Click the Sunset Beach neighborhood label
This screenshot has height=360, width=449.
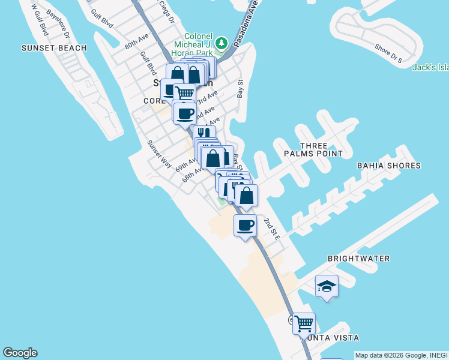(x=54, y=48)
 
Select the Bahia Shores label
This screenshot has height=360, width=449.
(x=388, y=166)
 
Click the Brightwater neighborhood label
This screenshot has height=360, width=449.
(x=358, y=259)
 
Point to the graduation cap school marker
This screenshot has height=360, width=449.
(x=327, y=286)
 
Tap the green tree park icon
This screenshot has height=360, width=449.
(x=222, y=43)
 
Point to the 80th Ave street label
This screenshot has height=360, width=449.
(x=136, y=41)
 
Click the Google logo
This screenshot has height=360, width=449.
(x=20, y=353)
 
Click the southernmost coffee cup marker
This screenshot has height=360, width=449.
(x=244, y=226)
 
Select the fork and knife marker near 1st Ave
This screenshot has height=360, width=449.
(x=204, y=133)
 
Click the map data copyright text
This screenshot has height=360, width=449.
(x=401, y=355)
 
